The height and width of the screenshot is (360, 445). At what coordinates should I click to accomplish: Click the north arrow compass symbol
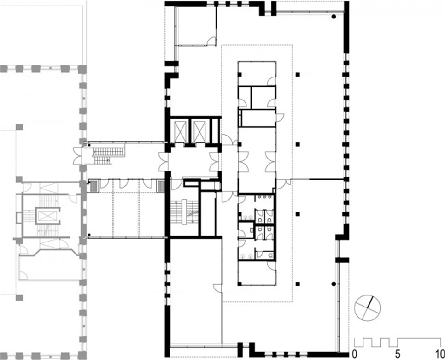[368, 308]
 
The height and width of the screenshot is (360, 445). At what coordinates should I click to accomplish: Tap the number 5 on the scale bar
[398, 354]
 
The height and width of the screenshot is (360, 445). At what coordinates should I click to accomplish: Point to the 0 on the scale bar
[354, 354]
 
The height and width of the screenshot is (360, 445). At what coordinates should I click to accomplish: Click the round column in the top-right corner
[334, 17]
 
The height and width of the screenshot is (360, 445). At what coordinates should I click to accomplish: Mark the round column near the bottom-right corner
[334, 283]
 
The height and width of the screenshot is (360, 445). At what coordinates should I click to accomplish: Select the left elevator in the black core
[181, 131]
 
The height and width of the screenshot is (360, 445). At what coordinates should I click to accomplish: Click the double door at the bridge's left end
[78, 156]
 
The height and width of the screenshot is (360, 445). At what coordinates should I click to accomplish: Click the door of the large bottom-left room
[218, 288]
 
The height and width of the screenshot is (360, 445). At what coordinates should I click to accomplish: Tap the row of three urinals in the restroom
[264, 196]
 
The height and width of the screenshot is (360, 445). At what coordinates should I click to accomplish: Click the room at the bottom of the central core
[257, 273]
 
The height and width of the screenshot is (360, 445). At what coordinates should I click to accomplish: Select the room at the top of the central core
[257, 73]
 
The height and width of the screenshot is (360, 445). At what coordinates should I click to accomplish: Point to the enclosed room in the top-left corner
[196, 25]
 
